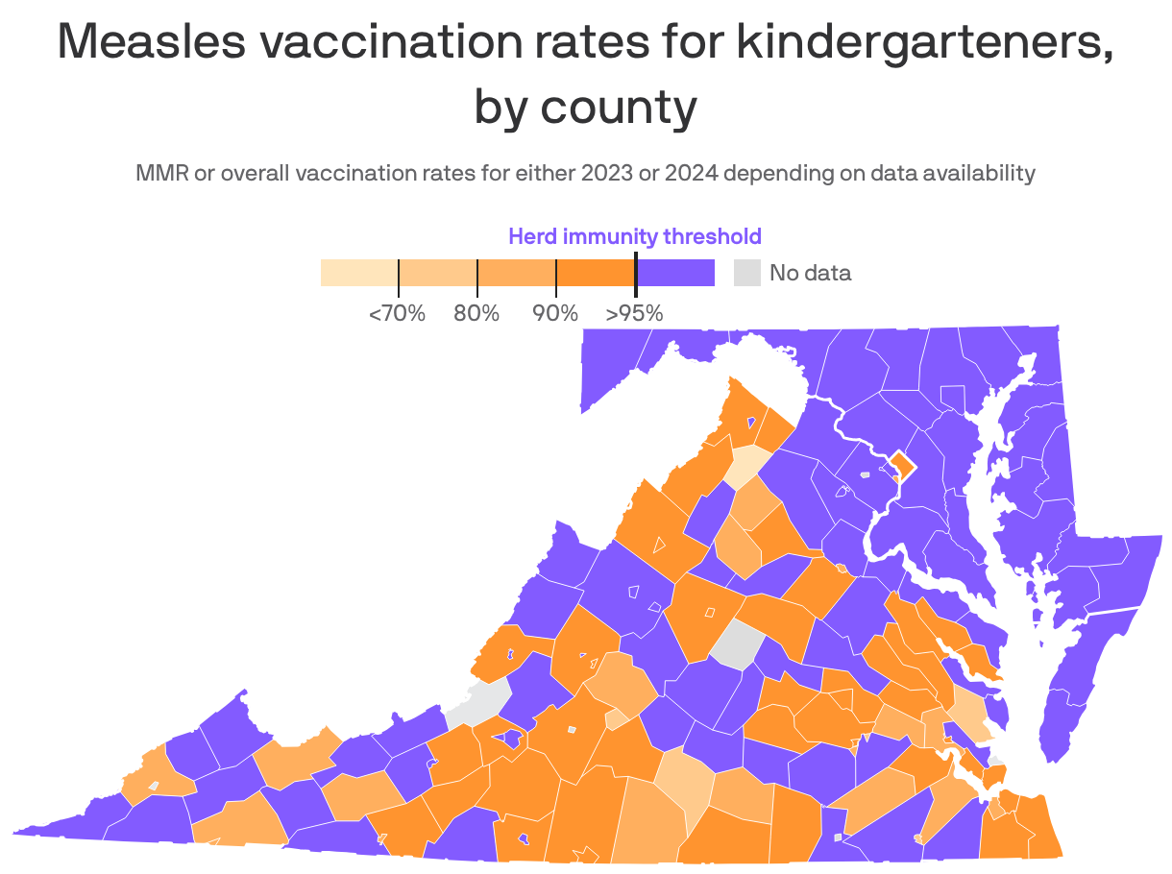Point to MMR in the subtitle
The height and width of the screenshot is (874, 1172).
pyautogui.click(x=159, y=174)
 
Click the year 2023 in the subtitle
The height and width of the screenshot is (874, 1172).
pyautogui.click(x=605, y=174)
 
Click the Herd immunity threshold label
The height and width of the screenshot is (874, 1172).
pyautogui.click(x=634, y=236)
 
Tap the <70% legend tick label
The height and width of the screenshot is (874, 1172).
pyautogui.click(x=397, y=313)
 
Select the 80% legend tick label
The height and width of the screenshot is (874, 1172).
pyautogui.click(x=476, y=313)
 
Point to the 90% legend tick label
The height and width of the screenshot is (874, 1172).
pyautogui.click(x=555, y=313)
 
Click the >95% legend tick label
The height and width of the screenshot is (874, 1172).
pyautogui.click(x=634, y=313)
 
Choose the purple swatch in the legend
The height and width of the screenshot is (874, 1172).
pyautogui.click(x=676, y=273)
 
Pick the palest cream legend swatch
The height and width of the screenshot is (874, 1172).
pyautogui.click(x=358, y=273)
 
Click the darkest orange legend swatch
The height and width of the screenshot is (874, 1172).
pyautogui.click(x=596, y=273)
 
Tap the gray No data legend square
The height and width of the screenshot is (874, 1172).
pyautogui.click(x=746, y=273)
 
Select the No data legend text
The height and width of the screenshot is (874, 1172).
pyautogui.click(x=810, y=273)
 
